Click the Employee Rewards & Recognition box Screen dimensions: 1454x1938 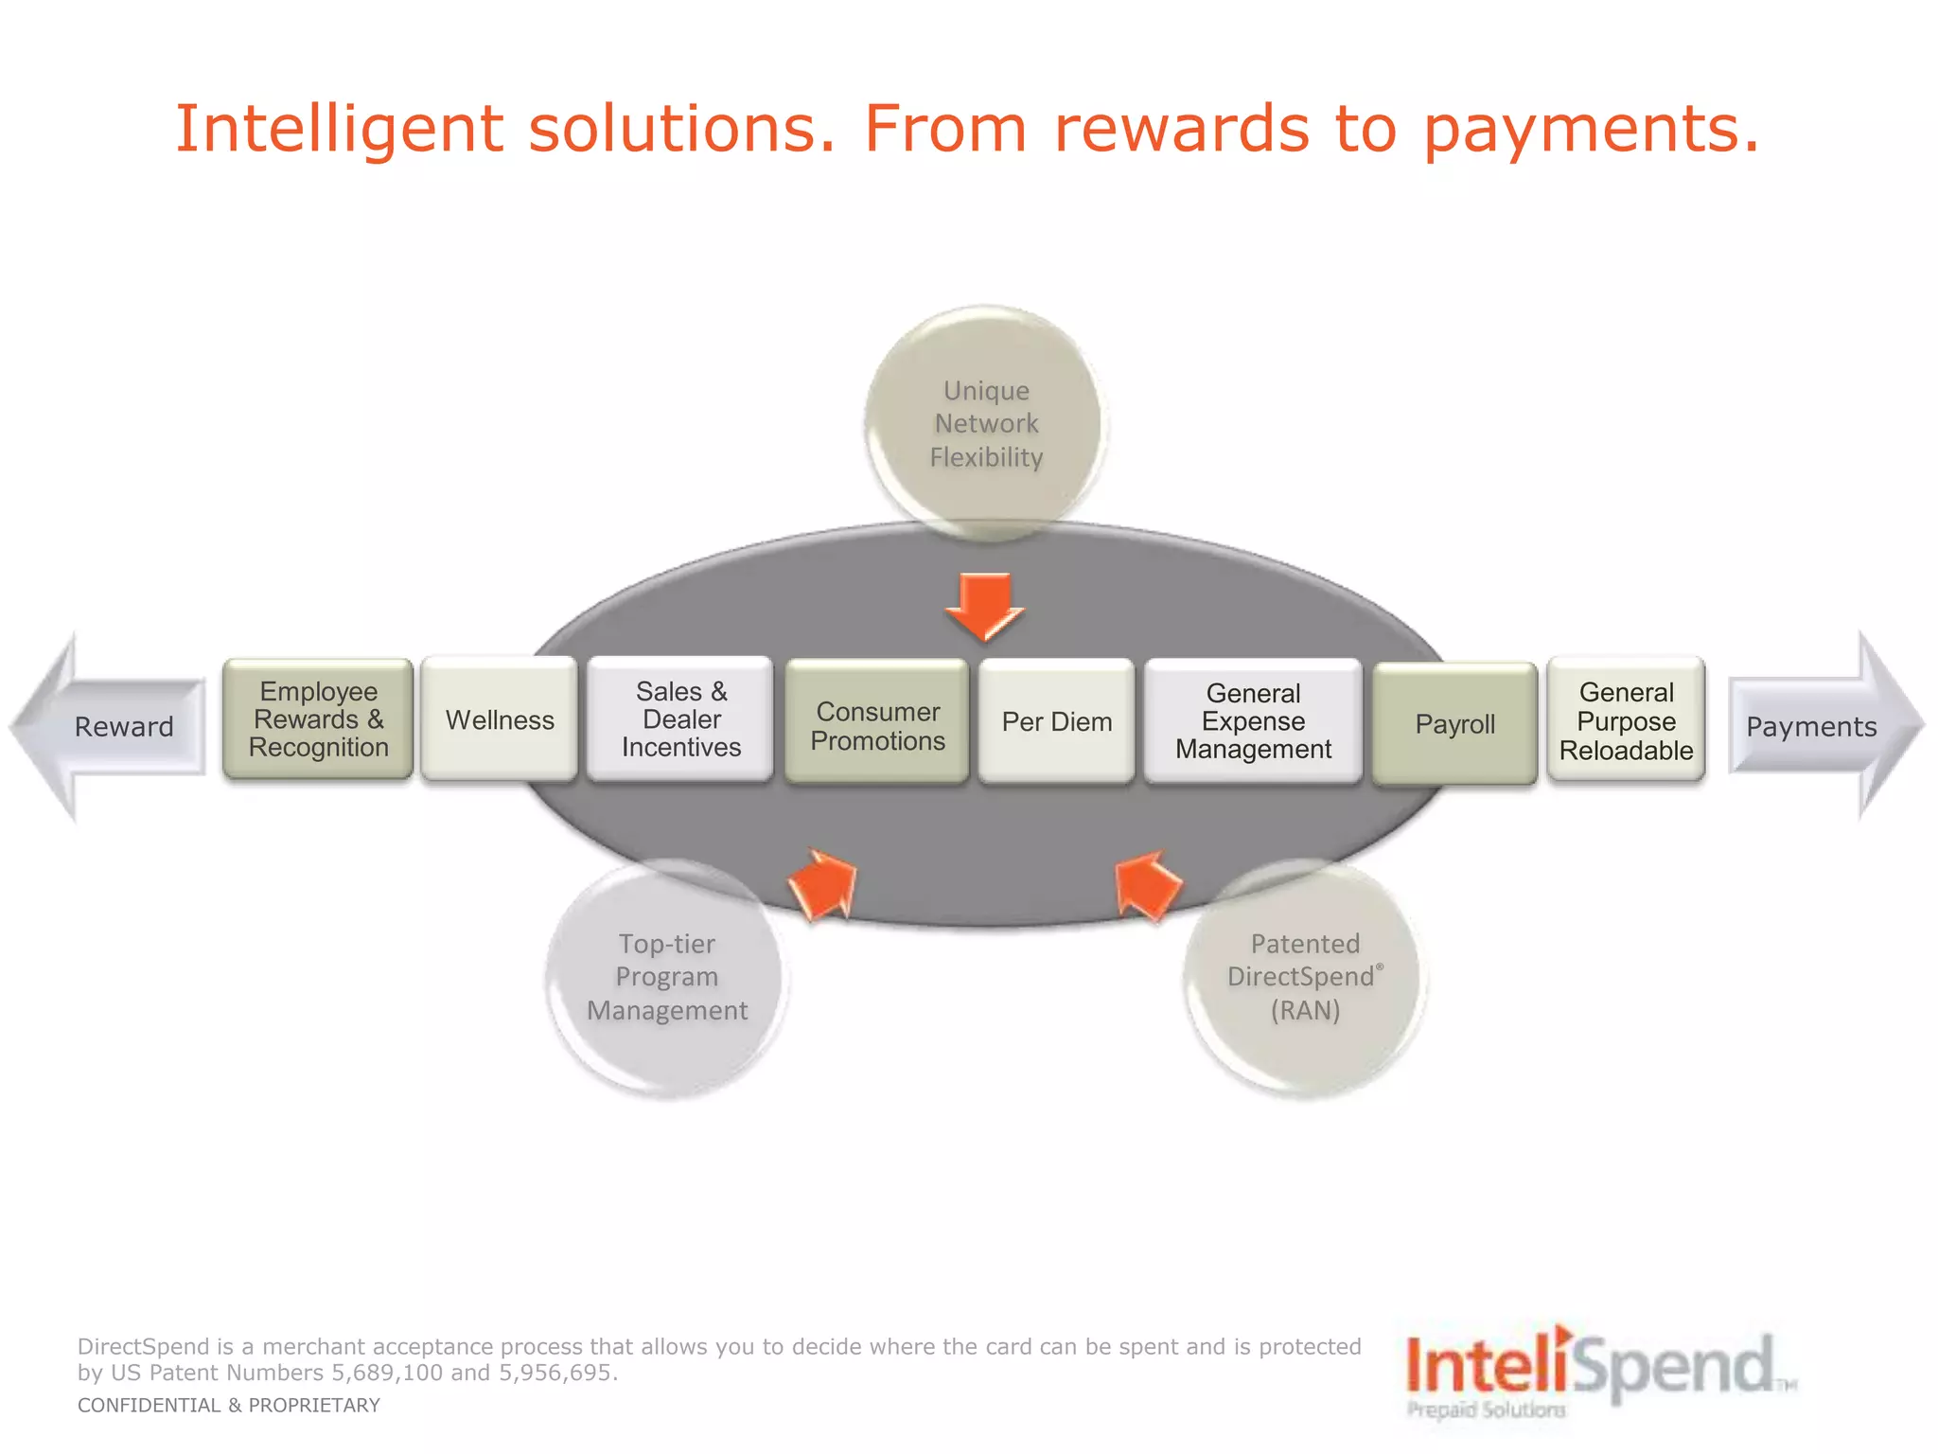pos(318,719)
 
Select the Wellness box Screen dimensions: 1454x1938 pos(499,719)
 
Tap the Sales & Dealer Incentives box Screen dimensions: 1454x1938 pos(680,719)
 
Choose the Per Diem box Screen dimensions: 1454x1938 pos(1056,721)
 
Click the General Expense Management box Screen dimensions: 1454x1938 pos(1253,721)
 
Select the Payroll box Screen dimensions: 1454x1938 pos(1454,724)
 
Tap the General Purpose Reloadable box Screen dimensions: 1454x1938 pos(1626,721)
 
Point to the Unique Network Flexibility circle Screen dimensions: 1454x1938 pos(986,423)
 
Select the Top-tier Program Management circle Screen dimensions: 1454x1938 pos(667,977)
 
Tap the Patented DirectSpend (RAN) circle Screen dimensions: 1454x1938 pos(1305,977)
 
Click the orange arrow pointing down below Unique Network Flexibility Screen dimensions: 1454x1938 pos(985,606)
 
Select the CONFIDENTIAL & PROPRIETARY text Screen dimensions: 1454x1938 pos(228,1406)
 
